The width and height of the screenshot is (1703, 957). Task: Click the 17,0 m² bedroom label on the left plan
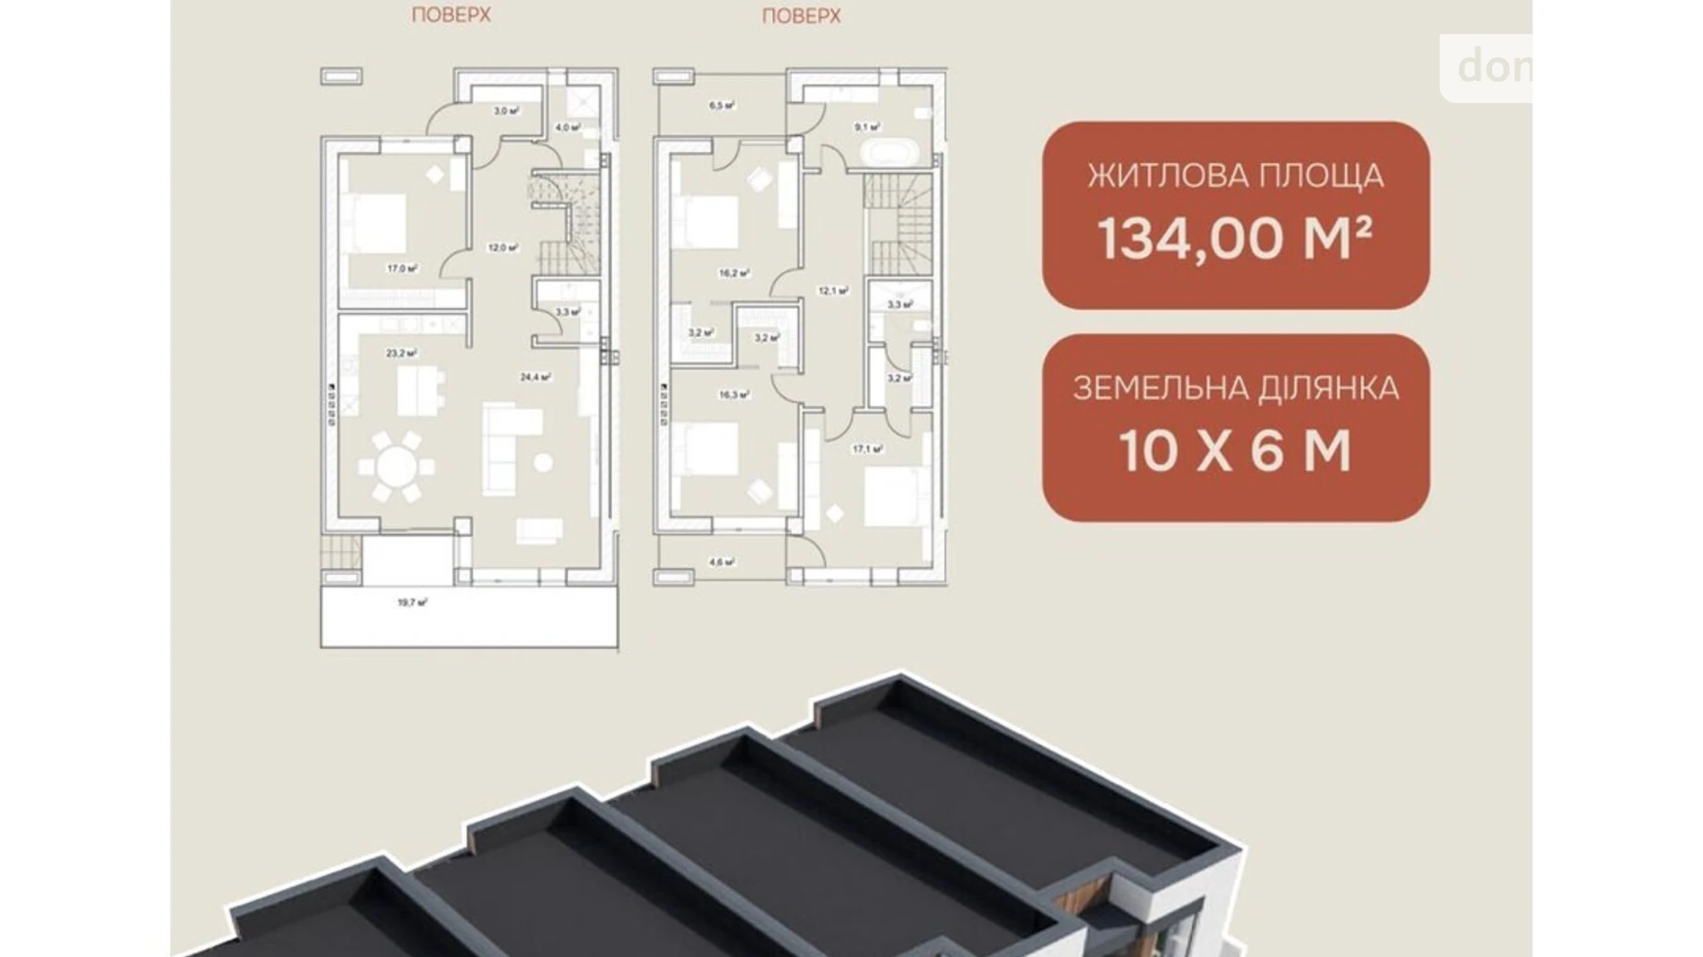click(402, 269)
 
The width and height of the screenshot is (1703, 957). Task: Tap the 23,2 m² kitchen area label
click(401, 352)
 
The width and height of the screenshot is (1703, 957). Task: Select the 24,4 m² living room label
click(535, 376)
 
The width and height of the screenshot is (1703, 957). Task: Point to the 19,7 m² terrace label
click(411, 603)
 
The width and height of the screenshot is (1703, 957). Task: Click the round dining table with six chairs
click(397, 467)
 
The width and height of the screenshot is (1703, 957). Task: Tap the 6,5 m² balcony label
click(721, 106)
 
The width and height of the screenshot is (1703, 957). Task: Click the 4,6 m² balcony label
click(721, 562)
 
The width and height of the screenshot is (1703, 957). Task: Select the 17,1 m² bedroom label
click(867, 449)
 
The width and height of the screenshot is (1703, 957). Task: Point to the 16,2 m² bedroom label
click(734, 273)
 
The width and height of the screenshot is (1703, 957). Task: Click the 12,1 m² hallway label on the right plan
click(832, 291)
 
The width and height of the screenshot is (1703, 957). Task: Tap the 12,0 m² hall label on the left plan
click(503, 248)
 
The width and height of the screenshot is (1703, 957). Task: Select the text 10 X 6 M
click(1234, 451)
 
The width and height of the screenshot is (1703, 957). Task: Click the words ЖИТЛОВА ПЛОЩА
click(1234, 175)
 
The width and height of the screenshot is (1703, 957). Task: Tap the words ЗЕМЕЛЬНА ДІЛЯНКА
click(1234, 387)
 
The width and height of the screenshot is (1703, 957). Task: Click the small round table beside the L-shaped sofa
click(543, 462)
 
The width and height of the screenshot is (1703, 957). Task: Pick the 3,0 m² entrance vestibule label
click(505, 110)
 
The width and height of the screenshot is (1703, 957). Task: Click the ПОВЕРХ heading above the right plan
click(801, 16)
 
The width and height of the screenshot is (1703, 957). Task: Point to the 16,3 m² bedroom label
click(734, 395)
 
